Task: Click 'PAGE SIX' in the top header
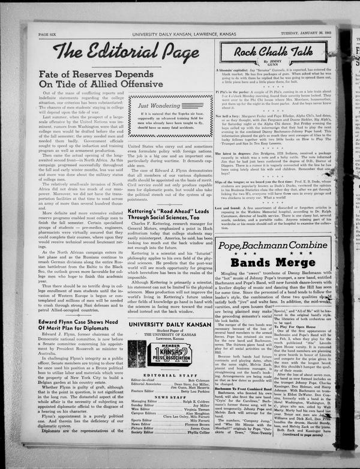[x=47, y=35]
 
